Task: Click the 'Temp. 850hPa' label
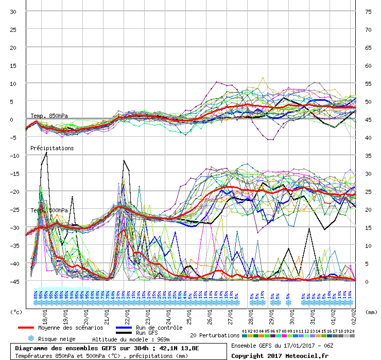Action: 49,116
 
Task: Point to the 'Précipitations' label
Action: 52,148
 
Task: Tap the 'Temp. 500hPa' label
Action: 49,211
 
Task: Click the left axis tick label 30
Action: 13,11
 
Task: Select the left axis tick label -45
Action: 11,281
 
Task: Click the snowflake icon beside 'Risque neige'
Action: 30,339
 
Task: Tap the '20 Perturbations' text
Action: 215,335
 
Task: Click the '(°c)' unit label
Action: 16,312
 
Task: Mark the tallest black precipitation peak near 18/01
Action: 46,152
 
